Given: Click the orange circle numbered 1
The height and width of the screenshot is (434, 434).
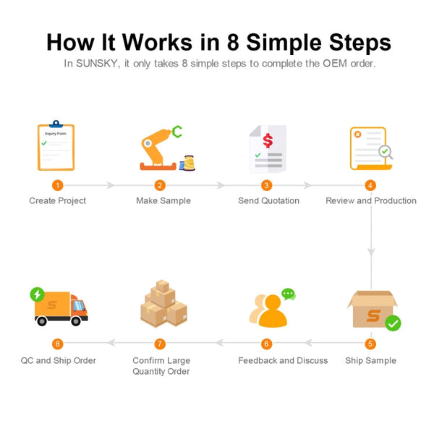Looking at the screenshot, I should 58,185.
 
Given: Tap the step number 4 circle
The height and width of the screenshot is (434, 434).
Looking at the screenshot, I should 370,185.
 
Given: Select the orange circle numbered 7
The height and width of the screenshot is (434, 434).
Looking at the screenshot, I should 161,344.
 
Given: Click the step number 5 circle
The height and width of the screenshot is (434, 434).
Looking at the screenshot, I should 370,344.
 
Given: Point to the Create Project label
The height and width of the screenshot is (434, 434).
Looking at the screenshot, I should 57,200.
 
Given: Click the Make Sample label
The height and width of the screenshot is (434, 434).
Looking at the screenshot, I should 163,200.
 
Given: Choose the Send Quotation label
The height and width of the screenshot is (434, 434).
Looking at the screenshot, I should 268,200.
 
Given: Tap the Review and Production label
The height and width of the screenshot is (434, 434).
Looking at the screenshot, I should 371,200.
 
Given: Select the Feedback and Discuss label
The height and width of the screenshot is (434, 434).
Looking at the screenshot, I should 283,360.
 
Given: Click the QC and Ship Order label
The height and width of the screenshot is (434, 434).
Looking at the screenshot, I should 58,360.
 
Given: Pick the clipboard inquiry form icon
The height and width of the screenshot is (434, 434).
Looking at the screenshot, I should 56,147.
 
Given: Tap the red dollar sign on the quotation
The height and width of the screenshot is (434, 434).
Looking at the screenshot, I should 268,138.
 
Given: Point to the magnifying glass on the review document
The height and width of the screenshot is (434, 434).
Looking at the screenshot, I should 386,152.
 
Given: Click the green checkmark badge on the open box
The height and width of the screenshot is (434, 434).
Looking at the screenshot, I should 393,323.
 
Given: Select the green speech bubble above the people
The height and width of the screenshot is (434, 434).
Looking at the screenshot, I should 289,294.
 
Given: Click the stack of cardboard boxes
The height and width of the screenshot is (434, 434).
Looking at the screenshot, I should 163,304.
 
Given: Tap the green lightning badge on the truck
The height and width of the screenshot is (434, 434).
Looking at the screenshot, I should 37,294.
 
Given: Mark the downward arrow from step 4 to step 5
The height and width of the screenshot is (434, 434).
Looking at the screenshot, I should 371,250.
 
